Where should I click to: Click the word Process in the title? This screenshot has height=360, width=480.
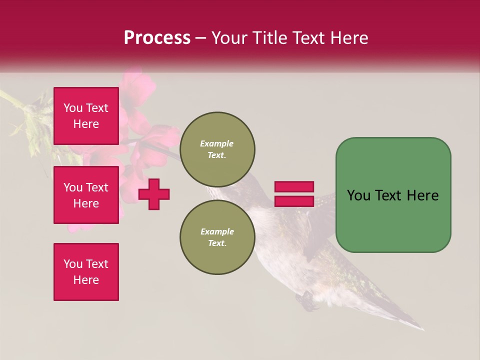pyautogui.click(x=157, y=38)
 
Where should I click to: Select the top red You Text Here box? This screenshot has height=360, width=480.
pyautogui.click(x=86, y=116)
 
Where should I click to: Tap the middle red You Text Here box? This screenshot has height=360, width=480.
pyautogui.click(x=86, y=195)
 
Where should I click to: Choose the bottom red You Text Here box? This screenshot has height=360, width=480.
pyautogui.click(x=86, y=272)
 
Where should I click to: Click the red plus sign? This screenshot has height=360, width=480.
pyautogui.click(x=154, y=194)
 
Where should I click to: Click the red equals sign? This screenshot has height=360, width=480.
pyautogui.click(x=294, y=194)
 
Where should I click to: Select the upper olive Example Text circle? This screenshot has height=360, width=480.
pyautogui.click(x=217, y=149)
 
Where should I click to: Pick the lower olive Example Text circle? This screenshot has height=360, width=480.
pyautogui.click(x=217, y=237)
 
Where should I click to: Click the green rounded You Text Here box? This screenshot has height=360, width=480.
pyautogui.click(x=393, y=195)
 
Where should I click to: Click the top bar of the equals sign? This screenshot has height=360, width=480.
pyautogui.click(x=294, y=186)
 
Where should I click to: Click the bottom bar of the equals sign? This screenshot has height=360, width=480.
pyautogui.click(x=294, y=201)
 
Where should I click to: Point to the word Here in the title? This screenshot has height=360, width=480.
pyautogui.click(x=349, y=38)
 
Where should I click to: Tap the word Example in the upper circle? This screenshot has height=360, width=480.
pyautogui.click(x=217, y=143)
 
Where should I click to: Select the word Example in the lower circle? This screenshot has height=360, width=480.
pyautogui.click(x=217, y=231)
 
